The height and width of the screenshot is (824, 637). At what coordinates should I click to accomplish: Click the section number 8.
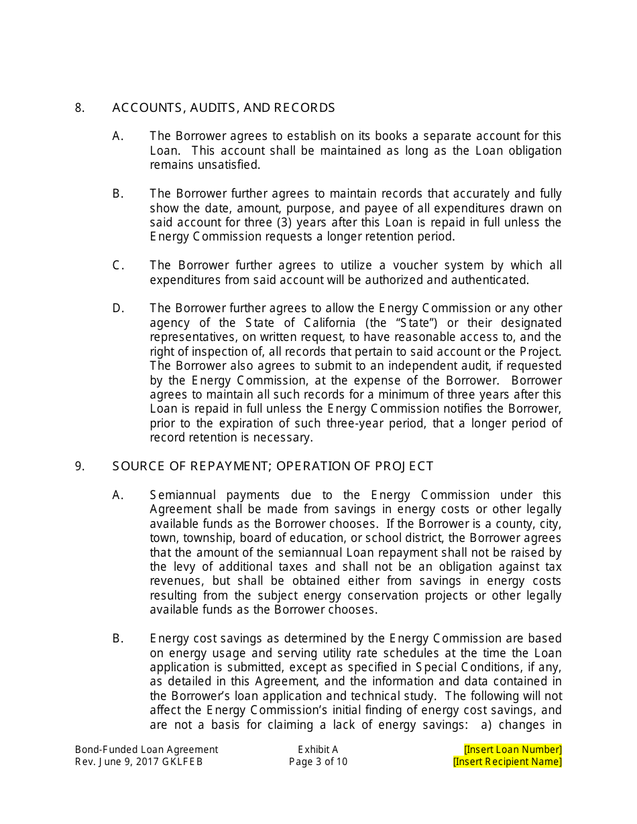(x=79, y=108)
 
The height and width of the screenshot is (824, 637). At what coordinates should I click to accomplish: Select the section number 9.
(x=79, y=466)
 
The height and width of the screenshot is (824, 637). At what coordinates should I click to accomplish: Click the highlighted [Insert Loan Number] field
(x=512, y=750)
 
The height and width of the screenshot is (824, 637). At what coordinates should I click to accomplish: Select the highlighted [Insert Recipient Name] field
(x=507, y=762)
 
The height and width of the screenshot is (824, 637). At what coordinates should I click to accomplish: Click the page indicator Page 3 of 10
(x=318, y=762)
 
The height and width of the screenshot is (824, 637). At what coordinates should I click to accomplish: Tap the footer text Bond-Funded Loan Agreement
(x=146, y=750)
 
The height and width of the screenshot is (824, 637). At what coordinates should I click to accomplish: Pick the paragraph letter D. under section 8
(x=118, y=308)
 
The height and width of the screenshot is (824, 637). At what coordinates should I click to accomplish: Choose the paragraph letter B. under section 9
(x=118, y=638)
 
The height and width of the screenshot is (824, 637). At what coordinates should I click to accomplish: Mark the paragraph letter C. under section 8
(x=118, y=265)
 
